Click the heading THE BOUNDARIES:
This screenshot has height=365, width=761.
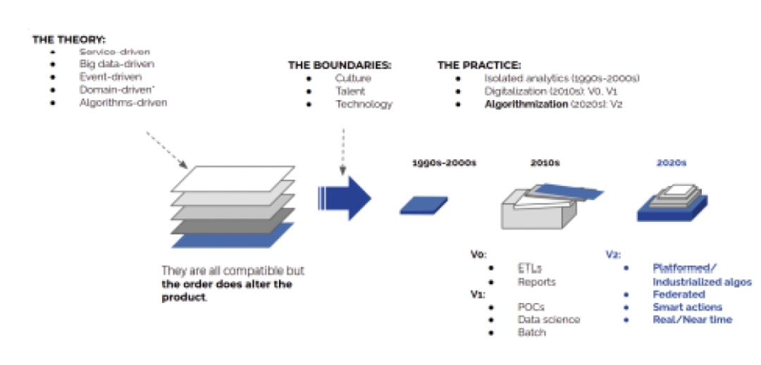tap(339, 65)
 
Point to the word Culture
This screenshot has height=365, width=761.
tap(353, 78)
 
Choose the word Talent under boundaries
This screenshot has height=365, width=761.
tap(350, 91)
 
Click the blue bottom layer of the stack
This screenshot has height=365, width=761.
tap(223, 235)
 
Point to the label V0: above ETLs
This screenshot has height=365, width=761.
tap(477, 254)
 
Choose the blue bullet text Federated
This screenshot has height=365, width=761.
tap(679, 294)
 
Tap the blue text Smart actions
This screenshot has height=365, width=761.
tap(687, 307)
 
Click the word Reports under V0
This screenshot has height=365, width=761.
tap(536, 281)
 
